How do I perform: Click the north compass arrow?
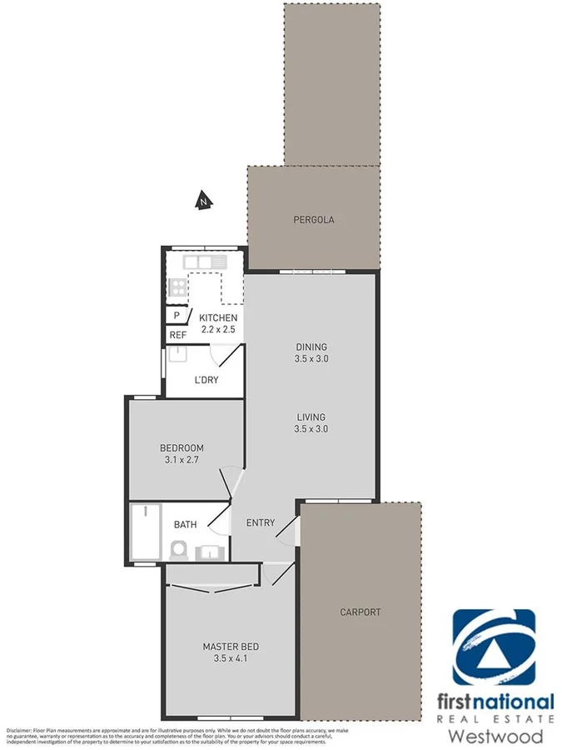point(202,200)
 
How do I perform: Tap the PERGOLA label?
point(314,220)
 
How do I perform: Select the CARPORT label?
point(360,612)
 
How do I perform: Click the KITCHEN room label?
point(219,318)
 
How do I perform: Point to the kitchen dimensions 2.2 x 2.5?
point(219,330)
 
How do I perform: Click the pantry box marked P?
point(177,317)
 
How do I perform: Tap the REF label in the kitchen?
point(177,335)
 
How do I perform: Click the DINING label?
point(311,347)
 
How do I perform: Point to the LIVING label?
point(310,417)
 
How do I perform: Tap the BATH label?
point(185,525)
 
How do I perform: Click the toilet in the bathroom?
point(177,550)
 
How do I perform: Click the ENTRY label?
point(261,523)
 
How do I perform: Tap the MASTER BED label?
point(231,647)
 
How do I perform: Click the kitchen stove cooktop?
point(177,288)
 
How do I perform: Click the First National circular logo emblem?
point(493,647)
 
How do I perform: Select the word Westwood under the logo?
point(495,736)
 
